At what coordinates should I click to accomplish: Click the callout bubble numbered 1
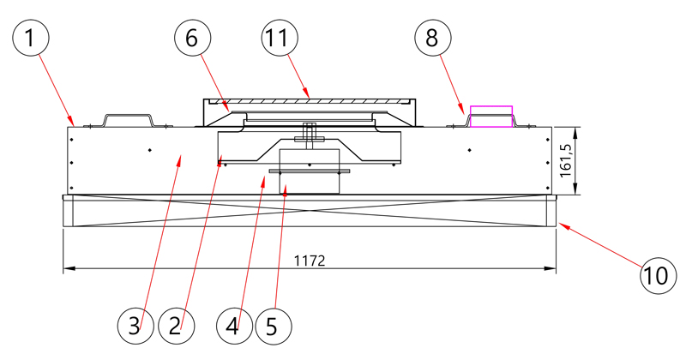pos(30,38)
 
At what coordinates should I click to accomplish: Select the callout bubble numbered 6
pos(192,38)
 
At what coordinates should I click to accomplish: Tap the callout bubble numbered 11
pos(280,38)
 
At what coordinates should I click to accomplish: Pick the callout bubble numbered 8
pos(433,38)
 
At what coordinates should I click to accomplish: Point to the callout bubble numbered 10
pos(659,276)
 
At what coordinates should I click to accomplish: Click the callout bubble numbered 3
pos(135,326)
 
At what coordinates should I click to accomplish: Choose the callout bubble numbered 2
pos(176,326)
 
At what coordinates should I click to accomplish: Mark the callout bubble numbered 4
pos(234,326)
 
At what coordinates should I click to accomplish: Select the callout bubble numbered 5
pos(273,326)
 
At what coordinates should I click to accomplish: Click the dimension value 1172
pos(310,261)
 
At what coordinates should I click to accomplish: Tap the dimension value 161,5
pos(566,161)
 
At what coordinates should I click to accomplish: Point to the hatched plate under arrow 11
pos(310,101)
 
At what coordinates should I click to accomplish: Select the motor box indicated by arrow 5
pos(310,171)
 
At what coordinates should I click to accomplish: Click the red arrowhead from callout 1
pos(71,121)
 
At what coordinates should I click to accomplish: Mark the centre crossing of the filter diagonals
pos(310,211)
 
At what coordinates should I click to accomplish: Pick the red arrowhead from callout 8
pos(462,110)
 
